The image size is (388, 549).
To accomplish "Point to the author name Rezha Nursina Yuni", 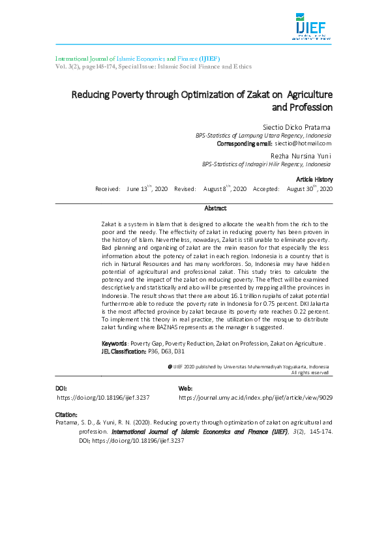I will click(301, 156).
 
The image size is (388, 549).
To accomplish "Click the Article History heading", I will click(314, 179).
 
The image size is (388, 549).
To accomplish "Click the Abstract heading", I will click(215, 209).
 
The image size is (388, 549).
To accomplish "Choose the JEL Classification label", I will click(124, 351).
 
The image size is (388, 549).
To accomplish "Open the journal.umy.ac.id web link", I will click(256, 397).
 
